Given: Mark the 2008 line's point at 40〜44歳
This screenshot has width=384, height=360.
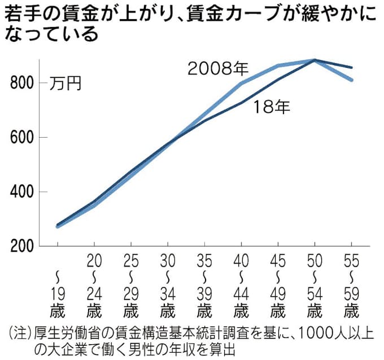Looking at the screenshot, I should click(241, 84).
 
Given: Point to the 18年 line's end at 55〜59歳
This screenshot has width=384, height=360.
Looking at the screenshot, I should click(351, 67).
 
